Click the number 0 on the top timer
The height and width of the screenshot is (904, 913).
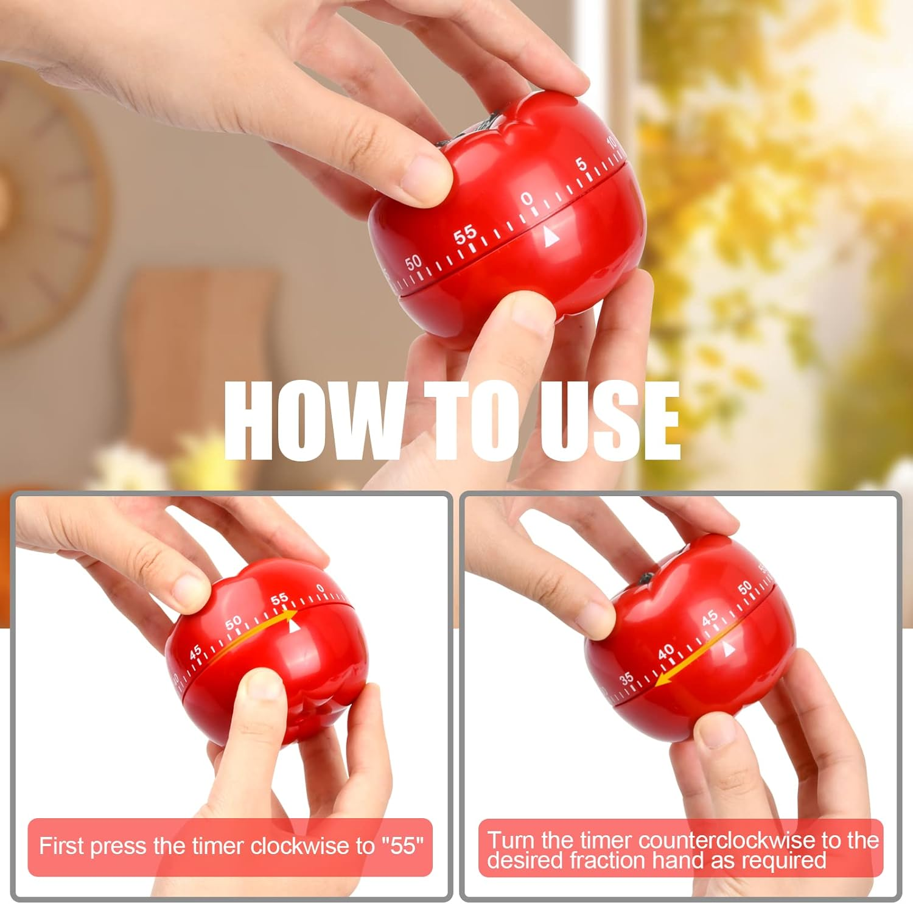tap(527, 199)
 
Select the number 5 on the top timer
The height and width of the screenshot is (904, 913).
tap(581, 164)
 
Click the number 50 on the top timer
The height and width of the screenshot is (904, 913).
tap(413, 262)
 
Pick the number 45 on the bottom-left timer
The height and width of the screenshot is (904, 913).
tap(195, 653)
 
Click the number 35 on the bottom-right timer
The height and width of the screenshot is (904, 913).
tap(626, 678)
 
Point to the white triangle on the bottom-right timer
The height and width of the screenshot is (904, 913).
tap(728, 651)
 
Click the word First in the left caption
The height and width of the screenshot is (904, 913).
tap(60, 846)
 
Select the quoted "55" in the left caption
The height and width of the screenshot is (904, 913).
tap(402, 846)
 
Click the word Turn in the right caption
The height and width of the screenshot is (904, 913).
tap(510, 840)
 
